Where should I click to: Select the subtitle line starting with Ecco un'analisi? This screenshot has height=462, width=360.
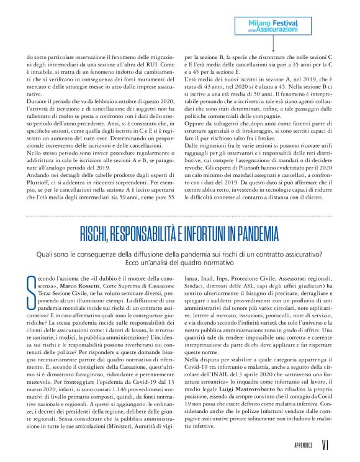pos(180,263)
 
